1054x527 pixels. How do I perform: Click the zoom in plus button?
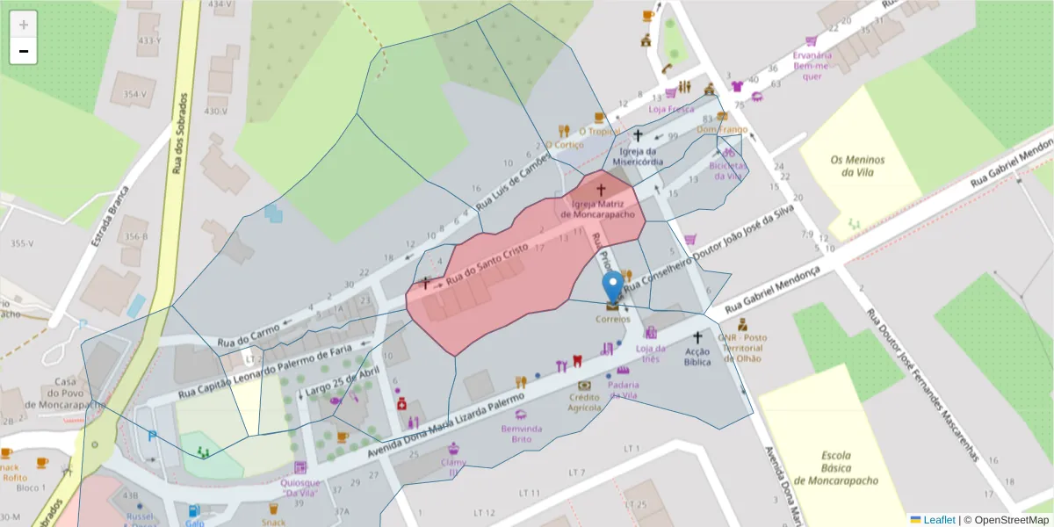click(x=24, y=24)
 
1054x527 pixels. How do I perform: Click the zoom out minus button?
click(x=24, y=51)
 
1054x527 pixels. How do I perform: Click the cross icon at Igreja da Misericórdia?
click(x=639, y=135)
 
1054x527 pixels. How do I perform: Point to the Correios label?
click(x=613, y=319)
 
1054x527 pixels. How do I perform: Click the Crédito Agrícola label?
click(x=584, y=401)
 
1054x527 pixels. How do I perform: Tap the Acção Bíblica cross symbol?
click(x=698, y=337)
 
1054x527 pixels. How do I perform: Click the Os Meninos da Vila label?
click(x=857, y=166)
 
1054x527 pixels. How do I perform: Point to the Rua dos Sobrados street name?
click(x=178, y=132)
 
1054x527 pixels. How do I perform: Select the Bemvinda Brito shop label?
click(x=522, y=433)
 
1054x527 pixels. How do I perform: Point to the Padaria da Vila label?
click(x=623, y=390)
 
